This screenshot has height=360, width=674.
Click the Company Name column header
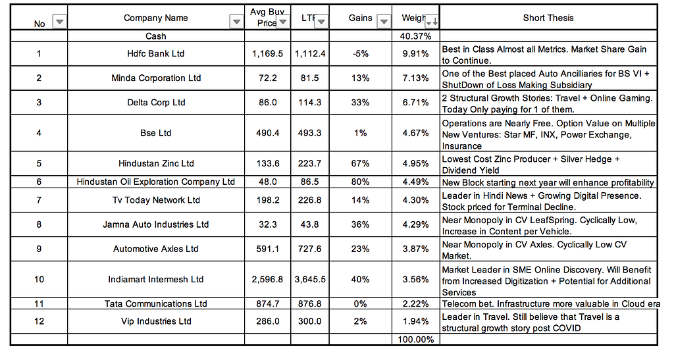[156, 18]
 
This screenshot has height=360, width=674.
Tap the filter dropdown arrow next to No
[59, 22]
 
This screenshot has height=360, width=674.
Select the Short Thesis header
[548, 18]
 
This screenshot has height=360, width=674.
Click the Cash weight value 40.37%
[416, 36]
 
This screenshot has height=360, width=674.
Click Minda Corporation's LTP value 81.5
[309, 78]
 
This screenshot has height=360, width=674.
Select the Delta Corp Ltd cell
[156, 103]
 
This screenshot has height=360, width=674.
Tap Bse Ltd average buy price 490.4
[267, 133]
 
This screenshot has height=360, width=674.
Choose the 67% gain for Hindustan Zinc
[360, 163]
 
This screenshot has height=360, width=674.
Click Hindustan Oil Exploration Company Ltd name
[156, 182]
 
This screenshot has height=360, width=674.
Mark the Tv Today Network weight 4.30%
[416, 200]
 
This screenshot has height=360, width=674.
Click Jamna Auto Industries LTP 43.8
[309, 224]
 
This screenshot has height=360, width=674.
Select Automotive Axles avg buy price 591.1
[267, 249]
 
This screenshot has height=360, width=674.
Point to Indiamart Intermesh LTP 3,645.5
[309, 279]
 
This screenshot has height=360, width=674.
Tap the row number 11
[39, 303]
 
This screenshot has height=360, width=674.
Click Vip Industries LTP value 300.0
[309, 321]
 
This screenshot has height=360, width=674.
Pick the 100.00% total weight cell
[416, 340]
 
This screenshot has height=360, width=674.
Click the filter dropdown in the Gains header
[384, 22]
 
